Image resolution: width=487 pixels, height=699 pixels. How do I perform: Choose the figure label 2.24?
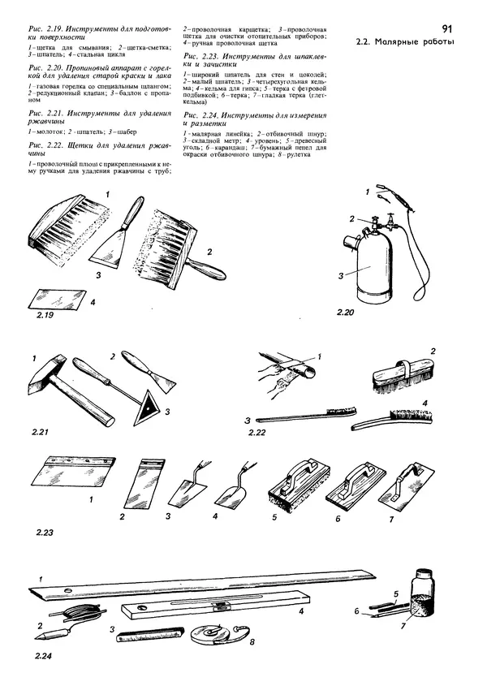(44, 655)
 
